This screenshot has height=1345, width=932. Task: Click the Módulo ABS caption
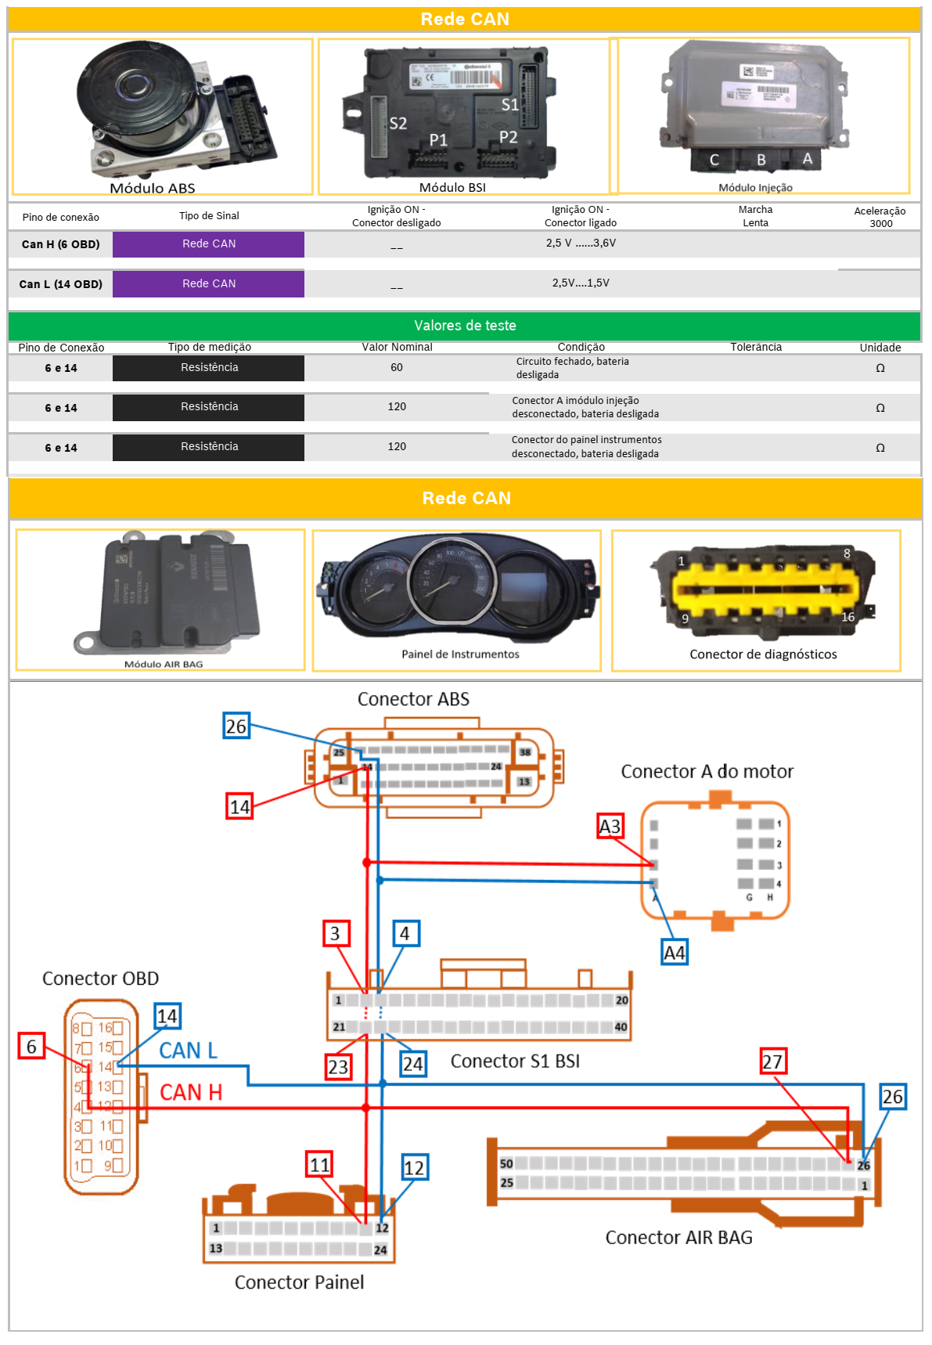coord(153,188)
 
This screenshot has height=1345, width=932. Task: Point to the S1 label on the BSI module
coord(509,104)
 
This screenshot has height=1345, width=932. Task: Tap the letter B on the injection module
coord(761,160)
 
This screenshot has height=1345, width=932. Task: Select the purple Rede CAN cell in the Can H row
coord(208,244)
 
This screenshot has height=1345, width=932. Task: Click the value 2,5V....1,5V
coord(580,283)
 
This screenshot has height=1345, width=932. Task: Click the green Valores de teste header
coord(465,326)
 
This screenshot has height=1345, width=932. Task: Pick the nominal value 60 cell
coord(397,368)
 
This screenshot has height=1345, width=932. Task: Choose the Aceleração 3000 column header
coord(880,217)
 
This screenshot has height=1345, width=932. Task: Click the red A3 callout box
coord(610,826)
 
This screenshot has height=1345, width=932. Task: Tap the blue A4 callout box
coord(674,953)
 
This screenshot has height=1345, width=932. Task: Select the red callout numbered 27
coord(772,1062)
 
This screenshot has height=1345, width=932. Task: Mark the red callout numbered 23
coord(338,1066)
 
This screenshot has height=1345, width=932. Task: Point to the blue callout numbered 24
coord(412,1064)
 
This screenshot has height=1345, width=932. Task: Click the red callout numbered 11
coord(319,1165)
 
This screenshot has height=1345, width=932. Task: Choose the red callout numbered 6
coord(31,1046)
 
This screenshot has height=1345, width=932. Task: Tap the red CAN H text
coord(191,1092)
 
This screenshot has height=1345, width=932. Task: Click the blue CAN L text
coord(188,1051)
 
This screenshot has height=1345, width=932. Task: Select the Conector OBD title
coord(100,979)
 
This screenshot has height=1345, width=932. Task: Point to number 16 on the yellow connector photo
coord(847,617)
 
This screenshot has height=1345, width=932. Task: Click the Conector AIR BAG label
coord(678,1238)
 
